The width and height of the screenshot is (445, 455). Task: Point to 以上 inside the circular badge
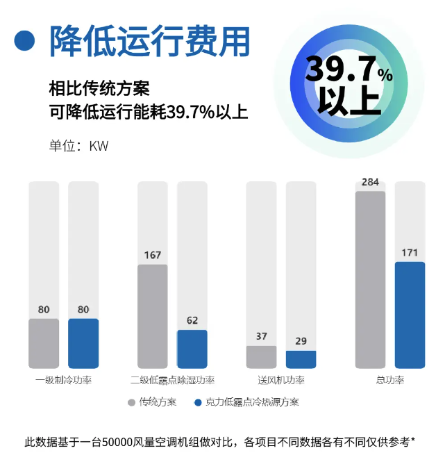coord(349,101)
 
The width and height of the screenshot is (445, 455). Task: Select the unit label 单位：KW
coord(78,147)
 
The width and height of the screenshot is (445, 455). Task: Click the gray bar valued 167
coord(153,316)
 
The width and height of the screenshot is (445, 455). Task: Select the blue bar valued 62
coord(192,349)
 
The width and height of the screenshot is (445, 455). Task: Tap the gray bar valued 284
coord(370,279)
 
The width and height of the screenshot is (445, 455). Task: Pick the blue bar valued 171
coord(410,315)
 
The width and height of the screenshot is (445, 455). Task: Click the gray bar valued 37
coord(261,357)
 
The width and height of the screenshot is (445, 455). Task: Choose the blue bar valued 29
coord(301,359)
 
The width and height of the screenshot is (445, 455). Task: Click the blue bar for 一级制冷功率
coord(83,343)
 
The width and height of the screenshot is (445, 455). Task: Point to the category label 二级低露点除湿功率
coord(172,381)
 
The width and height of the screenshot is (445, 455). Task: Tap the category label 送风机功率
coord(281,381)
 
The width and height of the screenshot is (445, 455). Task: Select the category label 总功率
coord(390,381)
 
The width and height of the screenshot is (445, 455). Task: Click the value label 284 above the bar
coord(370,183)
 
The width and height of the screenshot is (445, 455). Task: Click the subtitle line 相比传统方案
coord(99,90)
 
